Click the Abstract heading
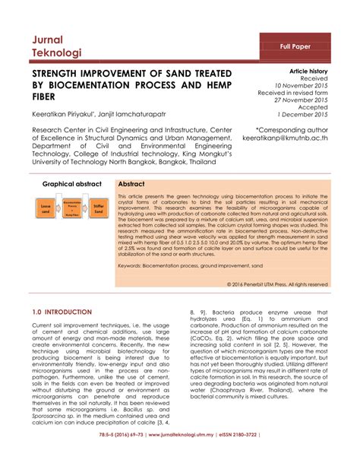(133, 185)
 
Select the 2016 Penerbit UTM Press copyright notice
(278, 284)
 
